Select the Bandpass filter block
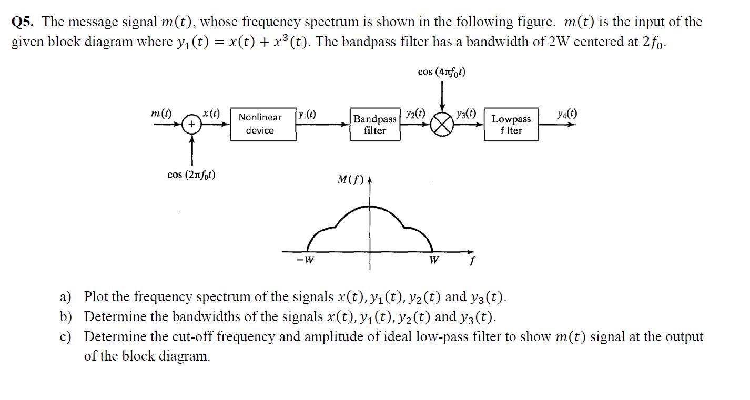point(374,125)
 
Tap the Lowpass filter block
point(511,125)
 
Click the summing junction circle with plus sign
point(192,125)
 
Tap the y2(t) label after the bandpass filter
point(415,114)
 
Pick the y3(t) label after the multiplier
point(467,113)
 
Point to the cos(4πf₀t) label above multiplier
point(442,72)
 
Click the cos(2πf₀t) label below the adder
point(191,175)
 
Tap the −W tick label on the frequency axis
point(305,260)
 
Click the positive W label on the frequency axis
point(434,260)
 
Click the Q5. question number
point(24,22)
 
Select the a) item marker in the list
point(65,297)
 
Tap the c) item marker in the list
point(65,337)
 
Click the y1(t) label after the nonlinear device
point(307,115)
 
